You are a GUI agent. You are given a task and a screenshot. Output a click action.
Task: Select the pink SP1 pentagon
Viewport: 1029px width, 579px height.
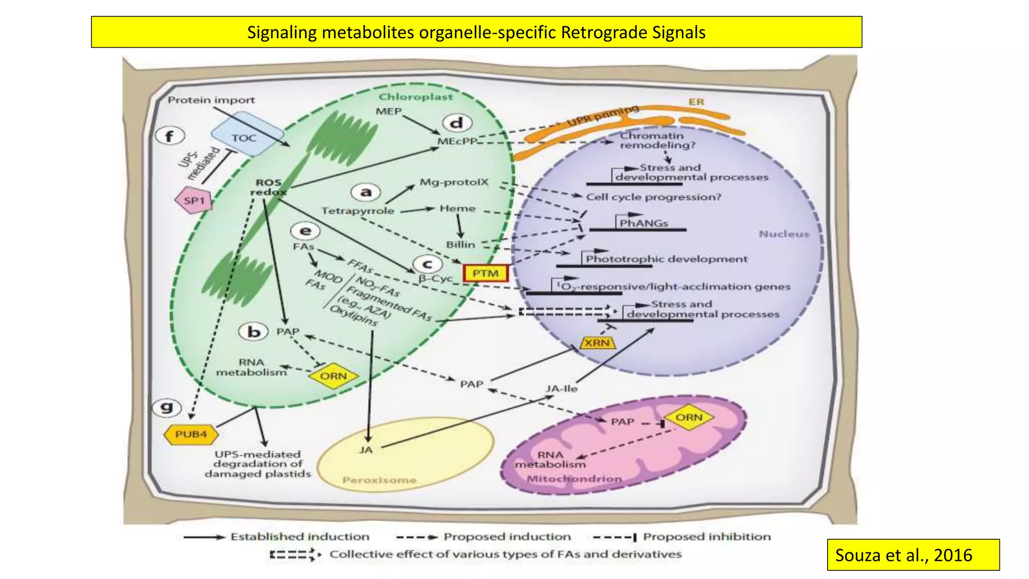pyautogui.click(x=193, y=201)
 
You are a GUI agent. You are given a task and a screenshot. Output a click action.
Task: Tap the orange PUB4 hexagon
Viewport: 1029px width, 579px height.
pyautogui.click(x=191, y=434)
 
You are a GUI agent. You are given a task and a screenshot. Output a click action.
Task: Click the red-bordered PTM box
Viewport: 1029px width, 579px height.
pyautogui.click(x=485, y=273)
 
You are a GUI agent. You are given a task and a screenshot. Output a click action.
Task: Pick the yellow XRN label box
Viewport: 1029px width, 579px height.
pyautogui.click(x=597, y=343)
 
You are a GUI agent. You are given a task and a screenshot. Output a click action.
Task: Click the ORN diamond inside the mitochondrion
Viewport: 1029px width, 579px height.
pyautogui.click(x=689, y=418)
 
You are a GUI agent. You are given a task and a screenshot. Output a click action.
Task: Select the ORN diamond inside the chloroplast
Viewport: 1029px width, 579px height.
pyautogui.click(x=334, y=376)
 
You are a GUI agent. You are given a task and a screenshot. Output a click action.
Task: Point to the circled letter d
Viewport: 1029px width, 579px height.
pyautogui.click(x=457, y=123)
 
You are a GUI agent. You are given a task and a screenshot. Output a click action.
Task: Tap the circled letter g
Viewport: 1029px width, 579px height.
pyautogui.click(x=167, y=407)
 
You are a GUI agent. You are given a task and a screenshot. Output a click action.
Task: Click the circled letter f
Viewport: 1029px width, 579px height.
pyautogui.click(x=170, y=136)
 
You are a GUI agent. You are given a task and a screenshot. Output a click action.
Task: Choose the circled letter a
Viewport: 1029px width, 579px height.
pyautogui.click(x=366, y=192)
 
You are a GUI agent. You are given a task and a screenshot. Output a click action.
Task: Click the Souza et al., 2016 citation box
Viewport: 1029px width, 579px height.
pyautogui.click(x=913, y=555)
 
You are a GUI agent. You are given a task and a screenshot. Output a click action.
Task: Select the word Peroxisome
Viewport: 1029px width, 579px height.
pyautogui.click(x=379, y=480)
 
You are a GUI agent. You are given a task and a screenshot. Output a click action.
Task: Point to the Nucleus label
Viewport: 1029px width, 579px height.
pyautogui.click(x=784, y=234)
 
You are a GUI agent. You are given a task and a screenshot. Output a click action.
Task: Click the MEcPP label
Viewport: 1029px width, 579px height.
pyautogui.click(x=457, y=141)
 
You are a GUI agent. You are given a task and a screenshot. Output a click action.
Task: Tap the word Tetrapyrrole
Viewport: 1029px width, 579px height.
pyautogui.click(x=358, y=211)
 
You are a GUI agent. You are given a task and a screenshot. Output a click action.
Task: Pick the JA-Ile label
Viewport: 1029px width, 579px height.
pyautogui.click(x=562, y=389)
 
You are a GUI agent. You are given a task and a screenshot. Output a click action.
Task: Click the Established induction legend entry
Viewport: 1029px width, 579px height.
pyautogui.click(x=299, y=537)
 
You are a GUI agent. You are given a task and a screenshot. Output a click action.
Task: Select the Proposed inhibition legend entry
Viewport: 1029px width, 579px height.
pyautogui.click(x=706, y=537)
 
